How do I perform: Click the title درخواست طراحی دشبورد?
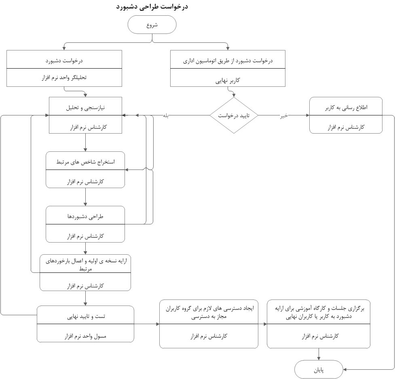[x=152, y=7]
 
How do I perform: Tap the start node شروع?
[x=152, y=25]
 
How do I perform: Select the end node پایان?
[x=319, y=370]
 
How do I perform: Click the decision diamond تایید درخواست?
[x=234, y=115]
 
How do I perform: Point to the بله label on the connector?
[x=166, y=115]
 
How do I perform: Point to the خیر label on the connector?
[x=284, y=116]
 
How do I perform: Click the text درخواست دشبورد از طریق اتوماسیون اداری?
[x=228, y=61]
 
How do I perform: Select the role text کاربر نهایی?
[x=228, y=80]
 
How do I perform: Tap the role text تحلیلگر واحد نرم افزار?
[x=64, y=77]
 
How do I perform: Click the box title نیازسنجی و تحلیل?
[x=86, y=108]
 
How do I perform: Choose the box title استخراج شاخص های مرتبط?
[x=85, y=162]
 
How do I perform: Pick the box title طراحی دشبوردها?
[x=85, y=216]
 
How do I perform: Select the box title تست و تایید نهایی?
[x=85, y=316]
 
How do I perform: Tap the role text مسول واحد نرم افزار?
[x=85, y=335]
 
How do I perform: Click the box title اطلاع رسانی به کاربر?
[x=346, y=108]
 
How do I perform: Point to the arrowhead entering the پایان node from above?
[x=319, y=358]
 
